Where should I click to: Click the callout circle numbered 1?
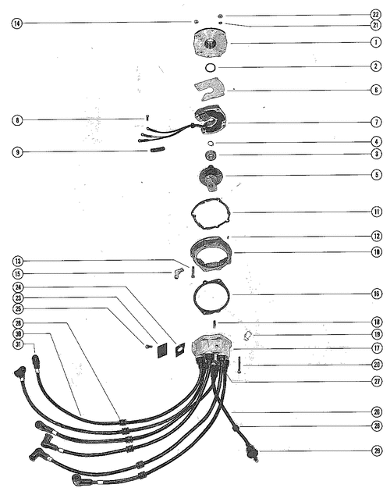tap(375, 42)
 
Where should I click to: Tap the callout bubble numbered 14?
tap(17, 23)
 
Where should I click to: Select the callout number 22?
tap(375, 15)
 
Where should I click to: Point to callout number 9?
tap(18, 152)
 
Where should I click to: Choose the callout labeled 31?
tap(18, 344)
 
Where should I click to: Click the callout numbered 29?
tap(377, 450)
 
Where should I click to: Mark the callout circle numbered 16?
tap(377, 294)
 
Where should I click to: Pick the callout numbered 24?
tap(18, 287)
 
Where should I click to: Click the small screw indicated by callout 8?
tap(147, 118)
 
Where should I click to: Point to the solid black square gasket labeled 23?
tap(162, 350)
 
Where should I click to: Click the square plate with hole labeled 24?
tap(180, 350)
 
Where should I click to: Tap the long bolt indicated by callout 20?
tap(239, 365)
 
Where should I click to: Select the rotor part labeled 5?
tap(211, 178)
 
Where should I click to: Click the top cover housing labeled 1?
tap(210, 43)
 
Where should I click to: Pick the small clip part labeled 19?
tap(247, 335)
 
